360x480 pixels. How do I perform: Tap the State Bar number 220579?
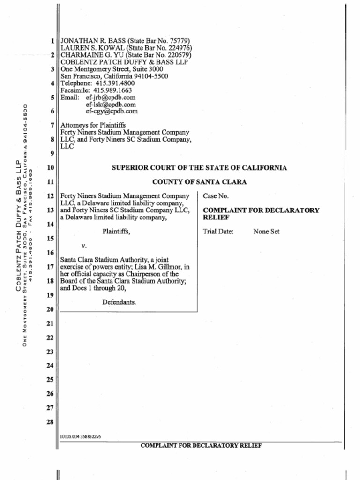click(179, 55)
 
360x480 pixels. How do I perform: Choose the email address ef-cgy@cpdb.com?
click(112, 112)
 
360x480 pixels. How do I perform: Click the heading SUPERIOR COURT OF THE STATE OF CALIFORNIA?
click(199, 168)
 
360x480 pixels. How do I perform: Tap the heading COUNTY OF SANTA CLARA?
click(199, 182)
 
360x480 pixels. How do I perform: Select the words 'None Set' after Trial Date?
click(266, 232)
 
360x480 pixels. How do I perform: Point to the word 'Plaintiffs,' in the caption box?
click(116, 231)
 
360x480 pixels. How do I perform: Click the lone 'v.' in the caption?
click(84, 245)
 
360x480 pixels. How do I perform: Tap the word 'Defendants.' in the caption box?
click(119, 302)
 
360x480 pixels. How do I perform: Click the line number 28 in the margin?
click(50, 422)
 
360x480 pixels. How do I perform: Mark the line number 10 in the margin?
click(50, 168)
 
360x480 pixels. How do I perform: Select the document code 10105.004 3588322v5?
click(81, 437)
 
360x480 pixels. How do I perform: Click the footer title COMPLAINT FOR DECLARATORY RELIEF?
click(201, 446)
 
